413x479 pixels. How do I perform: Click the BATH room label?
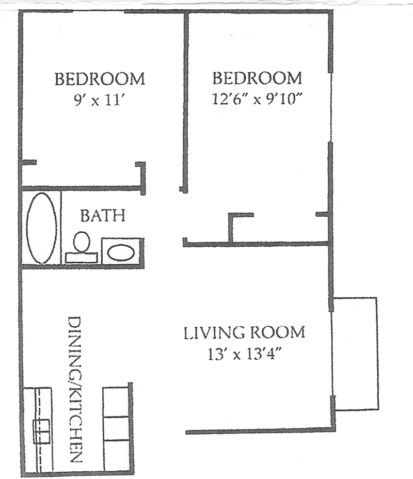tap(103, 216)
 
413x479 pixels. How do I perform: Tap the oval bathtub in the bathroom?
tap(41, 228)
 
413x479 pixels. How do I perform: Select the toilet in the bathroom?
tap(82, 247)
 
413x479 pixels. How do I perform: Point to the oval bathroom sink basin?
tap(121, 253)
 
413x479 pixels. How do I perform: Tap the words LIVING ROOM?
tap(244, 333)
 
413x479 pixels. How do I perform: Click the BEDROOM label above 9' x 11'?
tap(100, 79)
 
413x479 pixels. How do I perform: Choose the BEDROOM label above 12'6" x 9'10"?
tap(257, 78)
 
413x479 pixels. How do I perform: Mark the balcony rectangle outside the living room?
tap(355, 354)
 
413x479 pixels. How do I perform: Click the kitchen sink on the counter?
tap(41, 432)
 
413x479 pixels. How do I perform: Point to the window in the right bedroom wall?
tap(330, 107)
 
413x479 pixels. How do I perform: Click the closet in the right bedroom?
tap(279, 228)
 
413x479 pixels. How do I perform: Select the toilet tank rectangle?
tap(82, 258)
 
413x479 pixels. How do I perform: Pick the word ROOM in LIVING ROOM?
tap(279, 333)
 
